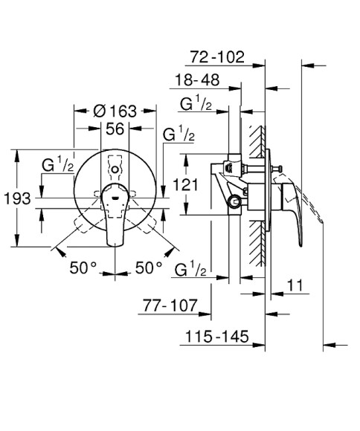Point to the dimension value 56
pyautogui.click(x=115, y=129)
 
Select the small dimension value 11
pyautogui.click(x=295, y=285)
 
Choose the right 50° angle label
pyautogui.click(x=148, y=266)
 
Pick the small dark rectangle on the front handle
pyautogui.click(x=115, y=200)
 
